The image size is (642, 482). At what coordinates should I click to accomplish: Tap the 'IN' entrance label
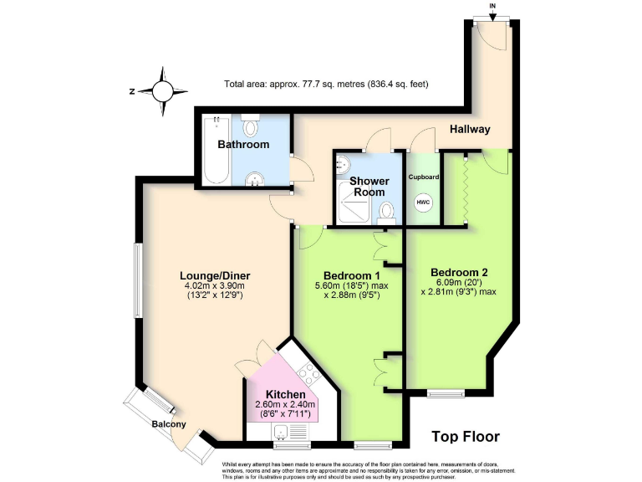tap(492, 7)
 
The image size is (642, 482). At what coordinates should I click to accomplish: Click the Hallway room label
tap(469, 130)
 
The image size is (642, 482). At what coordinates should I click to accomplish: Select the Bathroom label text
tap(243, 145)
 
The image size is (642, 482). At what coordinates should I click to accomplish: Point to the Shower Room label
tap(368, 187)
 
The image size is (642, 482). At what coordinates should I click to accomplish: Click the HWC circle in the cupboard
tap(424, 203)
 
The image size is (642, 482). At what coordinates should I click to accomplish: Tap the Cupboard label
tap(424, 177)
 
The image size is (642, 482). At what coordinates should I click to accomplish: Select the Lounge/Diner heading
tap(215, 275)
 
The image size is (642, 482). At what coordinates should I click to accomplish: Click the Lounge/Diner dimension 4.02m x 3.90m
tap(215, 286)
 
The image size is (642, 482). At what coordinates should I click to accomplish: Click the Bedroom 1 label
tap(352, 275)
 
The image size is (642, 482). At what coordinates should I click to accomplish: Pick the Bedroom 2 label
tap(459, 272)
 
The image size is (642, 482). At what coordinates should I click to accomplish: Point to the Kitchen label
tap(285, 395)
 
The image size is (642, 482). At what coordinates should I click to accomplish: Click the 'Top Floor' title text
tap(465, 436)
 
